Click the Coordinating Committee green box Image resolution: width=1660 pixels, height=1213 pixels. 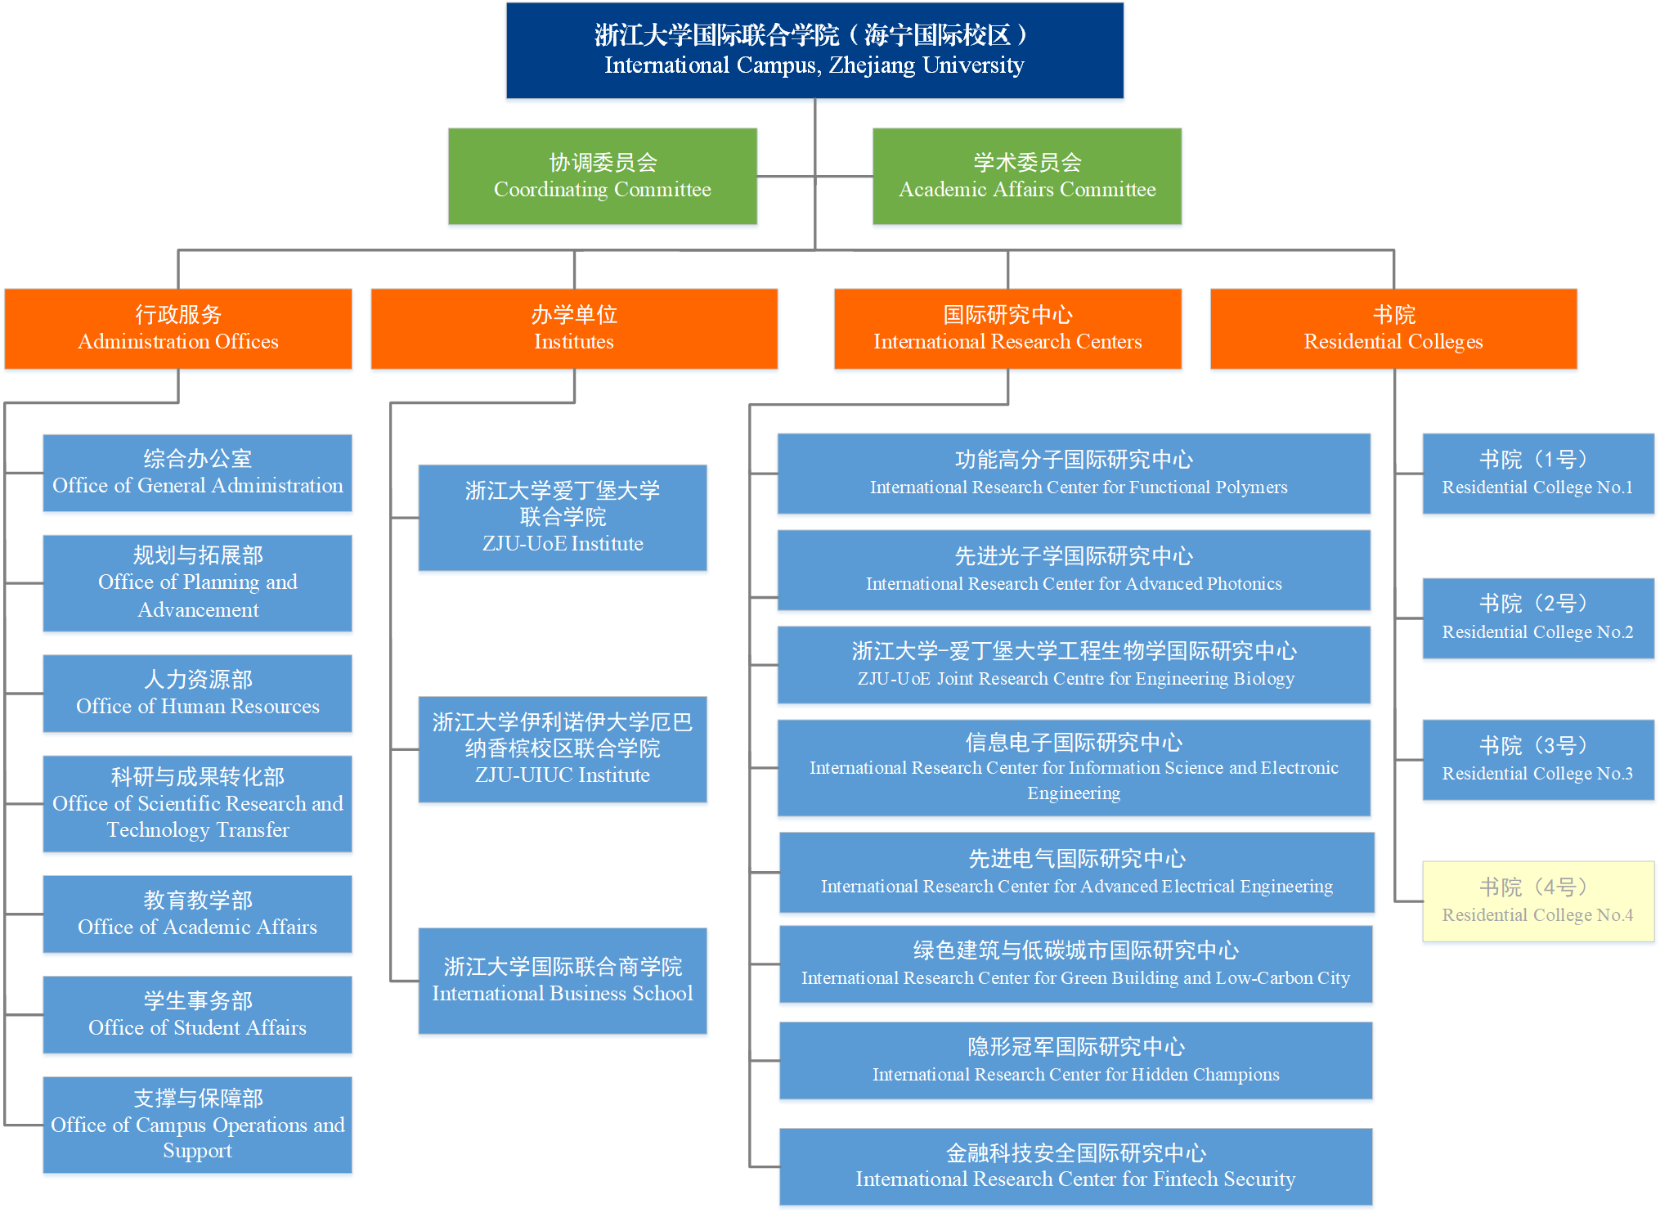click(603, 176)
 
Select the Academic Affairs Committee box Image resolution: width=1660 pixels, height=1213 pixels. click(1027, 176)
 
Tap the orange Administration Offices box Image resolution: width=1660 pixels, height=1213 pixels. click(178, 329)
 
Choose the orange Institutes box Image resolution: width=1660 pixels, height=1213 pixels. click(574, 329)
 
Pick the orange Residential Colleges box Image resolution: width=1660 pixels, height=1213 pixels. click(1393, 329)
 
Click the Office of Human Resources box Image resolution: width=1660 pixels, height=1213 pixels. click(198, 694)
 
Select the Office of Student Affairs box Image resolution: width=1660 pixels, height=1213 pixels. click(198, 1014)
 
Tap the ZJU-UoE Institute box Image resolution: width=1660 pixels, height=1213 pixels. click(563, 518)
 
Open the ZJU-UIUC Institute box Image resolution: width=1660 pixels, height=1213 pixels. click(563, 749)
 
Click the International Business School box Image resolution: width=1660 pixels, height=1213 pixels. click(563, 981)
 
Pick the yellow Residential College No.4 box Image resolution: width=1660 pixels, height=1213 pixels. click(1538, 901)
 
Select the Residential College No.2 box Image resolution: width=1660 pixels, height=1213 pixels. click(1538, 618)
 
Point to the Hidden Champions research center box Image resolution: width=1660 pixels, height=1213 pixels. click(1075, 1061)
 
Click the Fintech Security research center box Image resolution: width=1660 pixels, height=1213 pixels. click(1075, 1166)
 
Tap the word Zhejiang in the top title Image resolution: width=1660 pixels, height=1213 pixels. click(868, 65)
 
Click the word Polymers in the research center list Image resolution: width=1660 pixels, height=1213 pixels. click(1251, 487)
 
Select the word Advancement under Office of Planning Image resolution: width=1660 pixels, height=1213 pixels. click(198, 610)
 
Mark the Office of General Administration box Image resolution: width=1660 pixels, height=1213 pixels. click(198, 473)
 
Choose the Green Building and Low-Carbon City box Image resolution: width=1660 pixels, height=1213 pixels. click(1075, 964)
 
